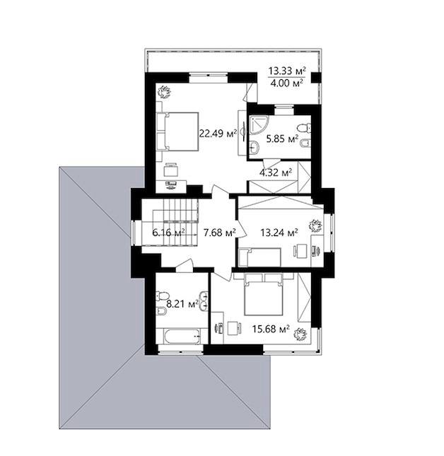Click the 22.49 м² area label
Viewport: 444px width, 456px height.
click(218, 134)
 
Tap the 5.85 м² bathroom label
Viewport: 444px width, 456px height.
click(283, 139)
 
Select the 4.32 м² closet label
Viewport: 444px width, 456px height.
click(276, 173)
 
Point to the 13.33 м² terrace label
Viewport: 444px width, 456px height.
click(287, 71)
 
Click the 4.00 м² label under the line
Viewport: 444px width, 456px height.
click(287, 83)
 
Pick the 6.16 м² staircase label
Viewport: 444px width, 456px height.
click(169, 233)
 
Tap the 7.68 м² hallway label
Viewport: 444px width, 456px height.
click(220, 233)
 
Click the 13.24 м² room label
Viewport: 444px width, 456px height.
click(279, 233)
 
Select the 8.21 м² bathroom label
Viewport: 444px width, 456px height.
click(182, 304)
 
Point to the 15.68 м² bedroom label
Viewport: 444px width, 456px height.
click(271, 329)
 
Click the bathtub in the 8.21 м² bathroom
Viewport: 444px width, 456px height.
click(182, 337)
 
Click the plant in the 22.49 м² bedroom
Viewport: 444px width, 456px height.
click(164, 92)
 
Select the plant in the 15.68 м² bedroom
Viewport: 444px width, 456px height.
click(300, 334)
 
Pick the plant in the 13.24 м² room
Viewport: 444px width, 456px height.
click(315, 226)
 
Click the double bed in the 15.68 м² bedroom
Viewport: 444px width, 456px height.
click(264, 294)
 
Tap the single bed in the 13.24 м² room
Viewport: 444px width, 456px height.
click(259, 257)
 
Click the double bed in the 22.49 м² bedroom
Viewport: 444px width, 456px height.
click(177, 131)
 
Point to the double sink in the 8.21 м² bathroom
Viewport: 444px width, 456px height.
click(204, 301)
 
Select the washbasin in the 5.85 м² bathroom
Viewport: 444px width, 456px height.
click(254, 147)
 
